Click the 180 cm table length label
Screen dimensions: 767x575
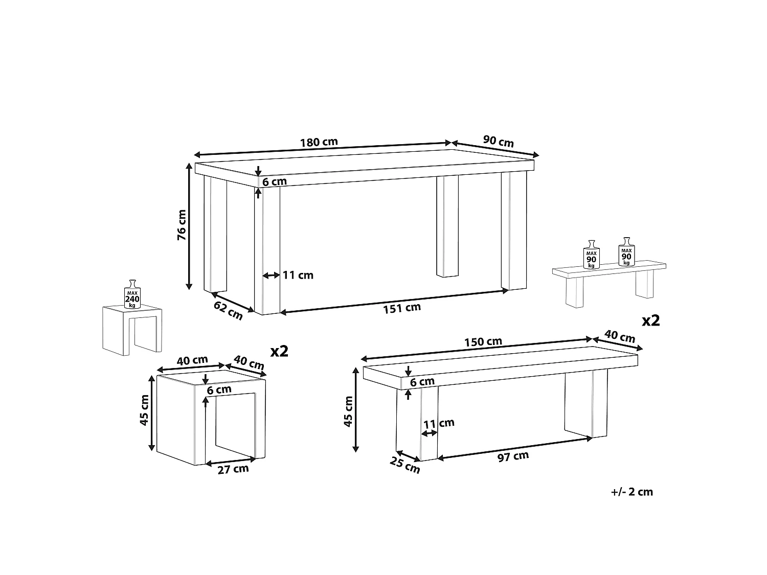click(x=319, y=142)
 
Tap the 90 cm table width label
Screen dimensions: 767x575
click(x=498, y=141)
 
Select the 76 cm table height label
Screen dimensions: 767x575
click(x=182, y=225)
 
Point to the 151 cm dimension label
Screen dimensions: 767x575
click(x=402, y=308)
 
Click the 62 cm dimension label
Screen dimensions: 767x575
click(x=228, y=310)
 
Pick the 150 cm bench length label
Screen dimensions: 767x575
click(x=483, y=341)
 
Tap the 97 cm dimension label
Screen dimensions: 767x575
click(x=513, y=456)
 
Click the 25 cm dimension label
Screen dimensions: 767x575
click(x=404, y=465)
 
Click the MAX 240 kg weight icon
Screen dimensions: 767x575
click(x=132, y=294)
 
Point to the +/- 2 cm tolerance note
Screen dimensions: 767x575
click(x=632, y=492)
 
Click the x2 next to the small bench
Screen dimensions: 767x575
click(x=650, y=320)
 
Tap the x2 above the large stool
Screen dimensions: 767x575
click(x=280, y=351)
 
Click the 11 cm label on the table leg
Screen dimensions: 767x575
click(x=298, y=275)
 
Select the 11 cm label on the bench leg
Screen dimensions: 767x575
click(x=439, y=424)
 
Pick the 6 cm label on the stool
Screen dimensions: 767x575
click(x=219, y=389)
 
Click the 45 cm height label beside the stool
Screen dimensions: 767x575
click(x=144, y=410)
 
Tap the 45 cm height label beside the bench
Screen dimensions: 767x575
click(x=348, y=411)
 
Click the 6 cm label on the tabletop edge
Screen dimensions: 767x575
click(x=274, y=181)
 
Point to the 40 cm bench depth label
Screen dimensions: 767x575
click(x=620, y=336)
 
